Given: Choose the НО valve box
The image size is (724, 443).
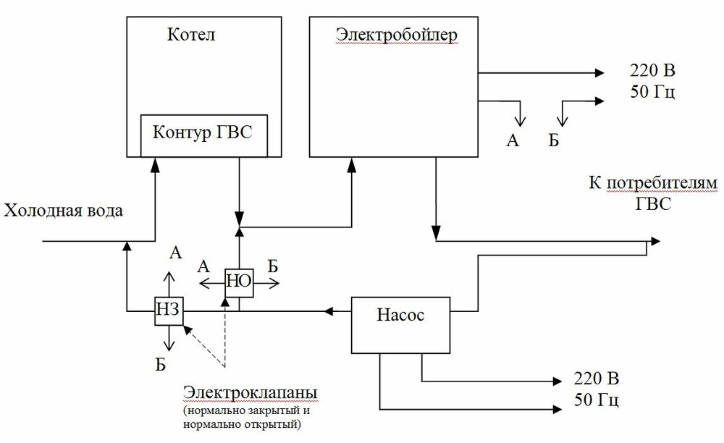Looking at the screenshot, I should pos(238,282).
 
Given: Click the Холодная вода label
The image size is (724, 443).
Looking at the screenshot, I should pos(64,211).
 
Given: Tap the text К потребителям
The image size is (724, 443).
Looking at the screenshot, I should pos(652,182).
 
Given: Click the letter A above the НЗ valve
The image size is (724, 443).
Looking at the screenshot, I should pos(174,252).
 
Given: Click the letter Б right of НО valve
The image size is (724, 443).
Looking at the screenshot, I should pos(272,266).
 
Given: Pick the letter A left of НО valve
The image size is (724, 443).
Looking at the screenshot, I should pos(203,266).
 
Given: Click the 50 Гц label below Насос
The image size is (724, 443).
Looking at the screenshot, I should pos(597,400).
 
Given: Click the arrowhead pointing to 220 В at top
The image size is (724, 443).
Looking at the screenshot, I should pos(599,72).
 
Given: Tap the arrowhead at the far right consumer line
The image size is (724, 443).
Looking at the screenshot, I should pos(655,240).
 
